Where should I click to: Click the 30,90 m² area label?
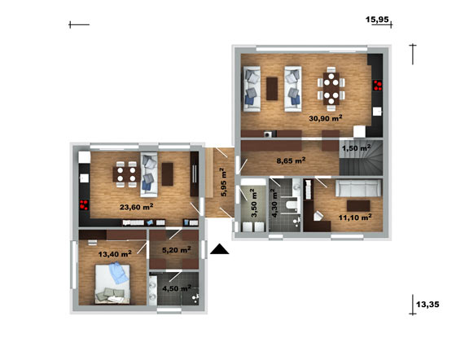(x=326, y=118)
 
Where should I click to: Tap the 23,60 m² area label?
(x=137, y=207)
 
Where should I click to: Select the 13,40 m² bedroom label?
(x=115, y=254)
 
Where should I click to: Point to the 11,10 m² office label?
(x=355, y=217)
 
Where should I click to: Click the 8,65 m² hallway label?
(x=291, y=160)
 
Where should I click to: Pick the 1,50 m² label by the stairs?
(x=357, y=148)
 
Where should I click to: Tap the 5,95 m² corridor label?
(x=224, y=182)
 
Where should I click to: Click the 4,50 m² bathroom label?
(x=177, y=288)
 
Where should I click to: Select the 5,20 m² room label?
(x=177, y=250)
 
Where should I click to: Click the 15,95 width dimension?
(x=377, y=20)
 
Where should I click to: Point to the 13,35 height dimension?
(x=427, y=305)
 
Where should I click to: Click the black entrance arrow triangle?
(x=220, y=249)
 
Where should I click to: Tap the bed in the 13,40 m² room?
(x=112, y=283)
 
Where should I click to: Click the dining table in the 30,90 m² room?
(x=331, y=89)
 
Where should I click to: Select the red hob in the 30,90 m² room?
(x=378, y=86)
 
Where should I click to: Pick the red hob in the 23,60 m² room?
(x=84, y=204)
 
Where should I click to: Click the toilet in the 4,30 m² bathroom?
(x=292, y=205)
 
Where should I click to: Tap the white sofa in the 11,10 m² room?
(x=358, y=188)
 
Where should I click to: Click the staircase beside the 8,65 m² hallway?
(x=361, y=157)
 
